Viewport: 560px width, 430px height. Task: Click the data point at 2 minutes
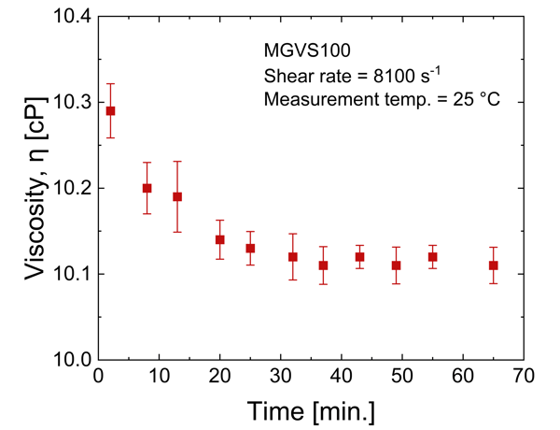coord(110,110)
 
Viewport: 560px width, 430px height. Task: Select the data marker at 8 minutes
coord(147,188)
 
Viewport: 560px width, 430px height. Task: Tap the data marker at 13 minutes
coord(177,196)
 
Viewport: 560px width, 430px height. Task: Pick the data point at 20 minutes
coord(220,239)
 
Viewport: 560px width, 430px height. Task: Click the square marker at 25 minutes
coord(250,248)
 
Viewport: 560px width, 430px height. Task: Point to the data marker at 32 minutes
coord(293,256)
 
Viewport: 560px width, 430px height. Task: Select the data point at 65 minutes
coord(493,265)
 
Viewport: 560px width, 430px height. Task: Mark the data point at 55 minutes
coord(432,256)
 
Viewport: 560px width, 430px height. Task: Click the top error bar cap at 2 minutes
coord(110,83)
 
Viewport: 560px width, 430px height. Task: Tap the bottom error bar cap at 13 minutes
coord(177,232)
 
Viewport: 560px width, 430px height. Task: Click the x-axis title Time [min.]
coord(312,409)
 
